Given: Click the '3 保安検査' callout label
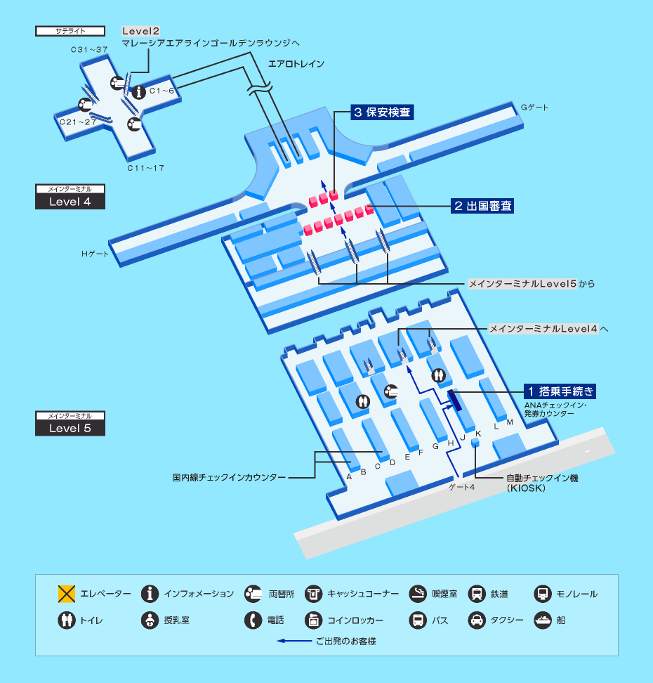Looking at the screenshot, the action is [382, 112].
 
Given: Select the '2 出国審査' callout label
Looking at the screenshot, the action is [482, 206].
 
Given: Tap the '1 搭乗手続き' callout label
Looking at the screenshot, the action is [560, 391].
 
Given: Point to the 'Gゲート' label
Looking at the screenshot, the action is [534, 108].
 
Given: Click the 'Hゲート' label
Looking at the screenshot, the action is [95, 254].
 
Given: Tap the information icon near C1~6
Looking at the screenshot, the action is [139, 92].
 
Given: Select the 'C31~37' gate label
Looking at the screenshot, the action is [89, 50].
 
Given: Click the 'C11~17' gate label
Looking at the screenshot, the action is [146, 168].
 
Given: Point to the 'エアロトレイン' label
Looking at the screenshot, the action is [296, 64].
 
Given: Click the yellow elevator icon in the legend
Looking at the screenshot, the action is [67, 594].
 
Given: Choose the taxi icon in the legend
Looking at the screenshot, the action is [477, 620].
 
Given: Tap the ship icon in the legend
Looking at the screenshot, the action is [543, 620].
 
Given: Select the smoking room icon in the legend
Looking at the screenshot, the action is [418, 594].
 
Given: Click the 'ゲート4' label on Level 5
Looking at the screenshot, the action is [462, 487].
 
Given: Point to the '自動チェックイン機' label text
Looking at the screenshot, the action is [542, 479].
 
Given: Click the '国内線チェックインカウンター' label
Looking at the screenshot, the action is [229, 477].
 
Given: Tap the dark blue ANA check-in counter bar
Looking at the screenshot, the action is [455, 401].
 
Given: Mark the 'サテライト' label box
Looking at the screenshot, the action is [70, 31].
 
